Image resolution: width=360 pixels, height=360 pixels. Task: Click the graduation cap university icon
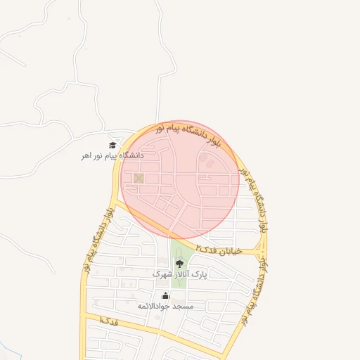click(112, 145)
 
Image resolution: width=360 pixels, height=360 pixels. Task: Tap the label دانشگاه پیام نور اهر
click(112, 155)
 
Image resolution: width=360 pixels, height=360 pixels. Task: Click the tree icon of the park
click(179, 264)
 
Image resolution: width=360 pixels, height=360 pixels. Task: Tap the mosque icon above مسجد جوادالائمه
click(165, 295)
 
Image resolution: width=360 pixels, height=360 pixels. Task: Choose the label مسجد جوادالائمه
click(165, 306)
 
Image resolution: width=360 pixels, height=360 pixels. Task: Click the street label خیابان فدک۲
click(219, 250)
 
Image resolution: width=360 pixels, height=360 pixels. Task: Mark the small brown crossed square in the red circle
click(139, 178)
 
